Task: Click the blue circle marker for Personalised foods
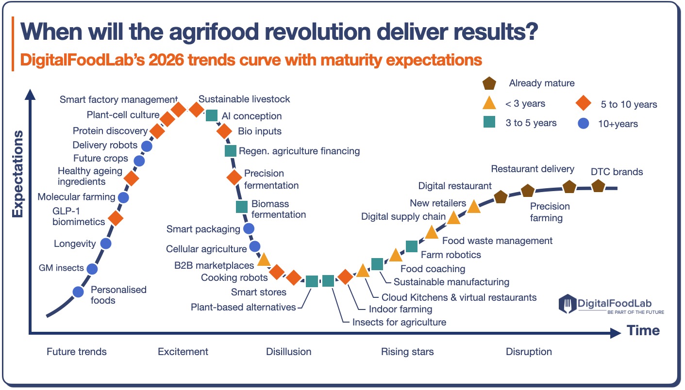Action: click(78, 292)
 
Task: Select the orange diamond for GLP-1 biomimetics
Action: click(115, 218)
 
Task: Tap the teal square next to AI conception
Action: click(212, 115)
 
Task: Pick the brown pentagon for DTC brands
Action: click(598, 186)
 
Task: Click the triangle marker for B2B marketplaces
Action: click(264, 260)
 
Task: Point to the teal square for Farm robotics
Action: click(411, 246)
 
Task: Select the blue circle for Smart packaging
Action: click(249, 228)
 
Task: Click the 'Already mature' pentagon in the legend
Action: click(489, 83)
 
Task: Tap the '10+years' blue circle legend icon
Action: click(584, 123)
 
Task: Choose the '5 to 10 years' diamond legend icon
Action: click(584, 104)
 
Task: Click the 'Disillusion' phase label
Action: click(289, 352)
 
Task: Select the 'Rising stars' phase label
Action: click(407, 352)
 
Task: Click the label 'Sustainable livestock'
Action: click(244, 99)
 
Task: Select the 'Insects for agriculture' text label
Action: click(399, 322)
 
